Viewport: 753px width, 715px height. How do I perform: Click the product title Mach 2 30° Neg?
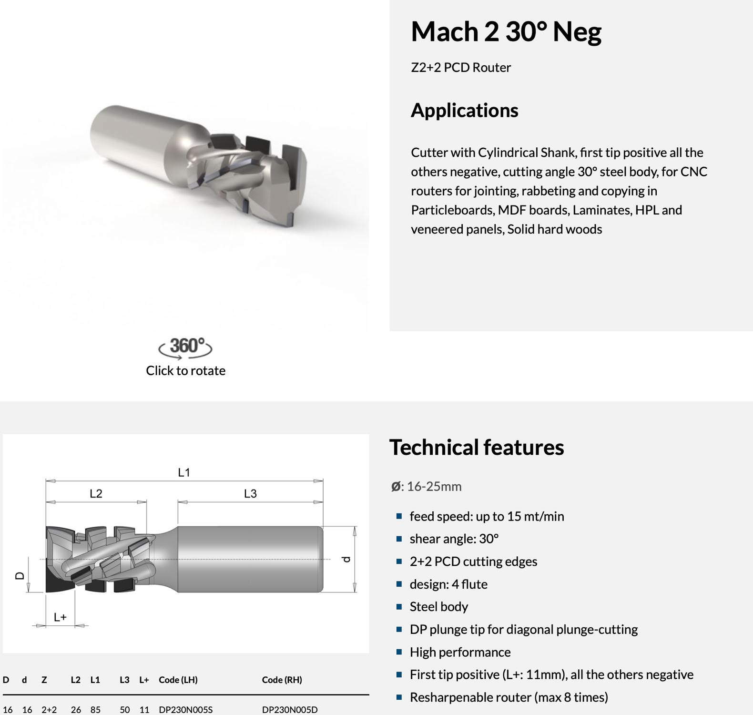click(506, 32)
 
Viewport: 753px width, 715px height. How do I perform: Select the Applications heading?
click(464, 110)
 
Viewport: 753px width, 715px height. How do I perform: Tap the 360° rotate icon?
click(185, 347)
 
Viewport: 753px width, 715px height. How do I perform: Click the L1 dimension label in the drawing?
click(184, 472)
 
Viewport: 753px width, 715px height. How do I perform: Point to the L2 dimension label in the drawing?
click(96, 493)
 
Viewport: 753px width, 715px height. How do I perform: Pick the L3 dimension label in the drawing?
click(250, 493)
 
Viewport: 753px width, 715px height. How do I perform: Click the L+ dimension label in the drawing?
click(60, 617)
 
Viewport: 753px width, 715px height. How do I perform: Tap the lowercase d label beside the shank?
click(346, 559)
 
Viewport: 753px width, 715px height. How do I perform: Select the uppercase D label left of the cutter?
click(20, 575)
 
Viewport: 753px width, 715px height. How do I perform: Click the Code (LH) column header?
click(178, 680)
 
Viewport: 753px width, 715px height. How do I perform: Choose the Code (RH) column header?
click(282, 680)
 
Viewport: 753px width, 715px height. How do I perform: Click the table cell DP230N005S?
click(185, 709)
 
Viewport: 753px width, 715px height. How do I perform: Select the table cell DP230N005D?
click(289, 709)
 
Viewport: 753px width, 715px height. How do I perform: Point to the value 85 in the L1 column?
click(95, 709)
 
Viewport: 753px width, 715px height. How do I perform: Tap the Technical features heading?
click(476, 447)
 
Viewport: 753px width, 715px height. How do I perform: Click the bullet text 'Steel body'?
click(438, 606)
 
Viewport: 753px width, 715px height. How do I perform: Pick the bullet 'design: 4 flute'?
click(448, 584)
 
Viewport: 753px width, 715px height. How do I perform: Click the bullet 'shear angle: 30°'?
click(454, 539)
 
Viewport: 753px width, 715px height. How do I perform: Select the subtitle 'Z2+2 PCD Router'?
click(460, 67)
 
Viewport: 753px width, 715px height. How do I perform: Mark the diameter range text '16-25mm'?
click(434, 486)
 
